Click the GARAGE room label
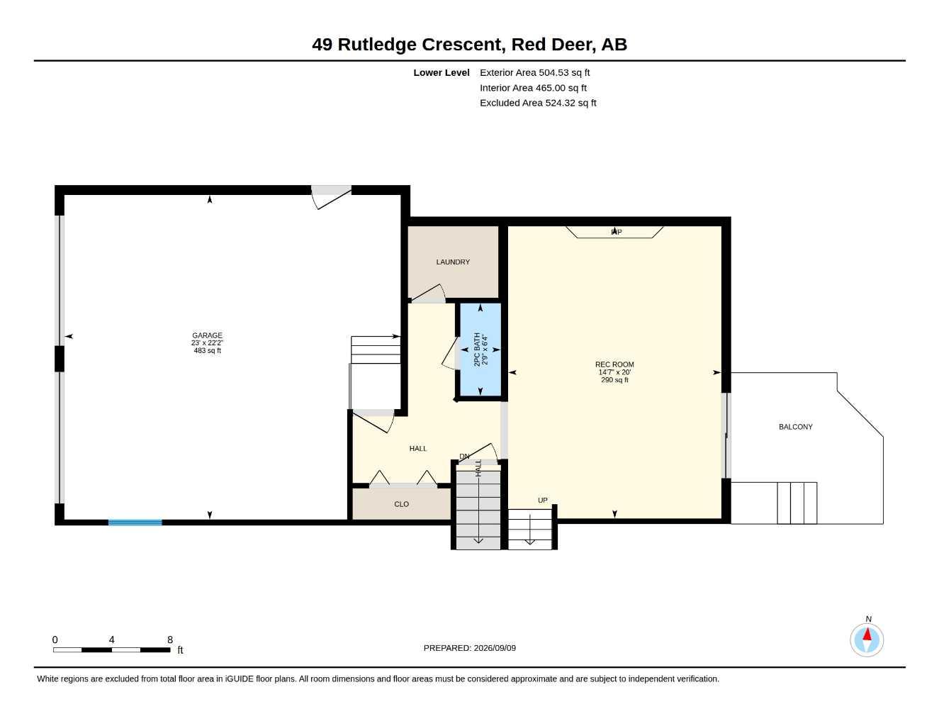[x=207, y=335]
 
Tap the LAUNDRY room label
[x=453, y=262]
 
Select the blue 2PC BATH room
[x=480, y=349]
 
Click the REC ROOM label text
[x=614, y=364]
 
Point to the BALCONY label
[x=796, y=427]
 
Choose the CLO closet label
[x=401, y=504]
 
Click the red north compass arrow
[x=867, y=635]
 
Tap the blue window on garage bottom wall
[x=135, y=523]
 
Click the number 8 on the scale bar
[x=170, y=640]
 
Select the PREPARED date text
[x=470, y=648]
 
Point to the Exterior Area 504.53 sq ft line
[x=534, y=72]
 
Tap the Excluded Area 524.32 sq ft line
[x=538, y=103]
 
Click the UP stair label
[x=543, y=501]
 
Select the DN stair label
[x=464, y=457]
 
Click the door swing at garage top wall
[x=332, y=198]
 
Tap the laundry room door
[x=428, y=293]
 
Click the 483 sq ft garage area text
[x=208, y=350]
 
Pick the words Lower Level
[x=442, y=72]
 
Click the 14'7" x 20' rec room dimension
[x=614, y=372]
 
